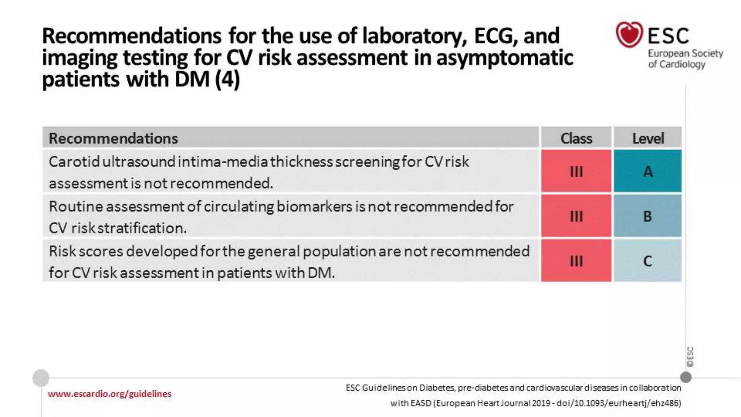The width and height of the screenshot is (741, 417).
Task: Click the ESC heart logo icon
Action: [x=629, y=35]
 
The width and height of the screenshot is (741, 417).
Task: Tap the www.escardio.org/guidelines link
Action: [x=109, y=394]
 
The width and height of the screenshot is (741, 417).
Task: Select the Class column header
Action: [x=576, y=138]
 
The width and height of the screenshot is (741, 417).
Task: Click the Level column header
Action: [x=648, y=138]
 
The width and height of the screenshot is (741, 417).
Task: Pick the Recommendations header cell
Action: [x=113, y=138]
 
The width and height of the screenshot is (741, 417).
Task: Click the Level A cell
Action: [x=648, y=171]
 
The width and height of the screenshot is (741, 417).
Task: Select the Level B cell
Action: [x=648, y=216]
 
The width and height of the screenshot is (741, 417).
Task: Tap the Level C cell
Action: [x=648, y=261]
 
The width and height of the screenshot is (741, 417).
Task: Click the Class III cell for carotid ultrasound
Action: [x=576, y=171]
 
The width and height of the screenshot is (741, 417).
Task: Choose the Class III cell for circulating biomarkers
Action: [x=576, y=216]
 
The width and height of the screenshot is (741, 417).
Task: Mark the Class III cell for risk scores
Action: [x=576, y=261]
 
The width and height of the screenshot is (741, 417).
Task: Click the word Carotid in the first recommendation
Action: [x=74, y=162]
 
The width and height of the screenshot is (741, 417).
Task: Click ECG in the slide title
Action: [x=496, y=36]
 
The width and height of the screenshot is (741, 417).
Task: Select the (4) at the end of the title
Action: [x=227, y=79]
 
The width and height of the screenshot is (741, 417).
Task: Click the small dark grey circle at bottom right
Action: [x=686, y=377]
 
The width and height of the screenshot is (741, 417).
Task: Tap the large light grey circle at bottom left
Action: [x=41, y=378]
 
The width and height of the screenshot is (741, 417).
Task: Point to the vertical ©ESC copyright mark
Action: [x=690, y=357]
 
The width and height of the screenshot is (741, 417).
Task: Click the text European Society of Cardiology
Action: [x=685, y=59]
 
